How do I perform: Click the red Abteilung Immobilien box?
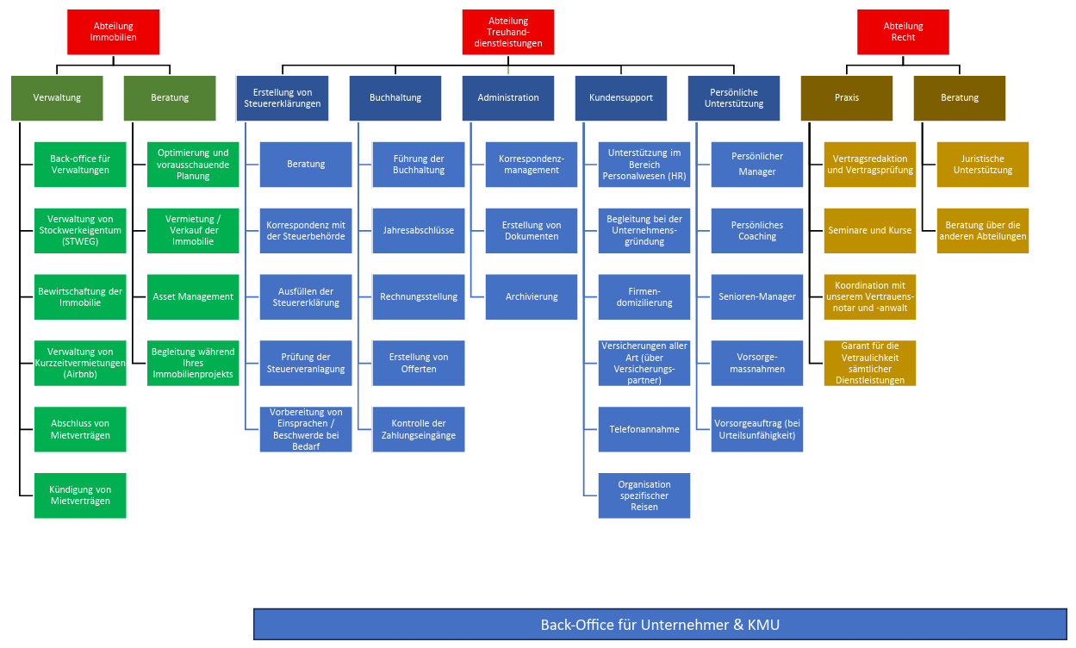pos(113,32)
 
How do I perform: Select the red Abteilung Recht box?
pos(903,32)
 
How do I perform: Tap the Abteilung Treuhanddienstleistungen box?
pos(508,32)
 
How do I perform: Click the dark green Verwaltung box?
pos(57,98)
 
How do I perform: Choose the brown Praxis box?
pos(846,98)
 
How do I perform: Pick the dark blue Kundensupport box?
pos(620,98)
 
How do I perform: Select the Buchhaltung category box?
pos(395,98)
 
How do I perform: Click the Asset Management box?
pos(193,297)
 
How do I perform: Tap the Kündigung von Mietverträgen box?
pos(80,495)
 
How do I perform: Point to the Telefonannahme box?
pos(644,429)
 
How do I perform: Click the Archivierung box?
pos(532,297)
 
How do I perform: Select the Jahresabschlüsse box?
pos(419,231)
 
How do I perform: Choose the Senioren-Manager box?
pos(757,297)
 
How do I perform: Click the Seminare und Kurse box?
pos(870,231)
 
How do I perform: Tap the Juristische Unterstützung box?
pos(983,165)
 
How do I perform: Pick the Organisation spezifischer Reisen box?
pos(644,495)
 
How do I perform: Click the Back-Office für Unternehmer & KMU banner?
pos(660,625)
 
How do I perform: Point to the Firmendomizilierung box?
pos(644,297)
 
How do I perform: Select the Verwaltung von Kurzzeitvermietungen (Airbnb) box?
pos(80,363)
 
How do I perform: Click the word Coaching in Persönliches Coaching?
pos(757,236)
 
